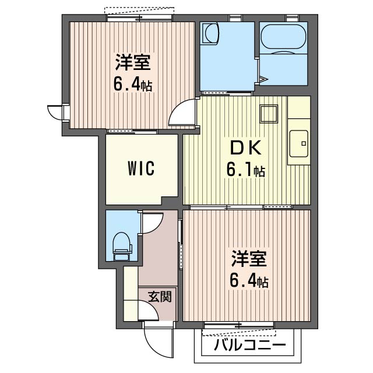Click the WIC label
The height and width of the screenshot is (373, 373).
(x=141, y=168)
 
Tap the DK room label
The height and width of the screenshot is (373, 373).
(x=246, y=148)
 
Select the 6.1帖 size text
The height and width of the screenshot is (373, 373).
(x=246, y=171)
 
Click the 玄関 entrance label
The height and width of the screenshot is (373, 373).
(x=160, y=297)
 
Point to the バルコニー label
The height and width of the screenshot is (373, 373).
(x=249, y=345)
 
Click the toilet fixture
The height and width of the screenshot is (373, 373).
(x=122, y=247)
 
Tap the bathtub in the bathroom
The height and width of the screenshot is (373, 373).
(x=283, y=37)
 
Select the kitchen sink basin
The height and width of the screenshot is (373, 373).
(x=299, y=143)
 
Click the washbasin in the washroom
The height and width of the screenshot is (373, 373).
(x=210, y=33)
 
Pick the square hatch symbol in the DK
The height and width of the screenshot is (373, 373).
(x=269, y=114)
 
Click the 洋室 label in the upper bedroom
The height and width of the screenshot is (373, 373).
(x=133, y=62)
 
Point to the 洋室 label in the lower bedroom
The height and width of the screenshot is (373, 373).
(x=249, y=259)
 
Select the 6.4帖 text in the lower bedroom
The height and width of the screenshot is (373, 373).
(x=249, y=281)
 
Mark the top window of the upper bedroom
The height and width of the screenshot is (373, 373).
(x=139, y=17)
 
